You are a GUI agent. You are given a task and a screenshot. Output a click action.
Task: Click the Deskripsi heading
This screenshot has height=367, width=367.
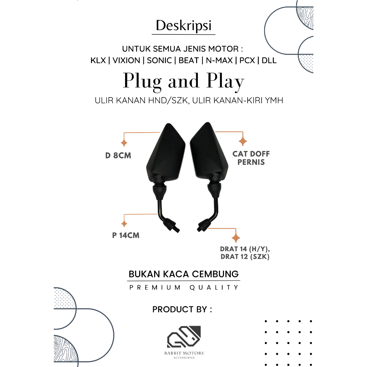click(183, 26)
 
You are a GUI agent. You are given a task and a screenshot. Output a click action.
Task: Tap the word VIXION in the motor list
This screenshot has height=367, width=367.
click(126, 60)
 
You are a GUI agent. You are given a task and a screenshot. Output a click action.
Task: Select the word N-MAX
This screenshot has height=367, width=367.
click(218, 60)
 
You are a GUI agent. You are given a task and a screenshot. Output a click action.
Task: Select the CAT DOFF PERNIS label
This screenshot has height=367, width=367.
click(251, 158)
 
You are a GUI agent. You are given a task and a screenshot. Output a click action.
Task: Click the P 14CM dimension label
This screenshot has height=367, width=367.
click(125, 235)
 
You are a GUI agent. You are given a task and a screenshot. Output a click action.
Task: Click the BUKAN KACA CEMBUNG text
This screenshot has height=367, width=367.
click(183, 275)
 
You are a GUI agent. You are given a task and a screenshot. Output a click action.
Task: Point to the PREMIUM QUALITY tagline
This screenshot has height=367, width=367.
click(183, 287)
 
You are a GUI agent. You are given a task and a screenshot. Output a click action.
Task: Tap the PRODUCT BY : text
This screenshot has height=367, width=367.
click(182, 309)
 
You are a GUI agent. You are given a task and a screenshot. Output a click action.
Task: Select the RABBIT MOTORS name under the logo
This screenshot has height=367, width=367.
click(185, 353)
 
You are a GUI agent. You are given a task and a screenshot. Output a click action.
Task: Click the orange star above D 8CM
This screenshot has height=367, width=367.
click(124, 143)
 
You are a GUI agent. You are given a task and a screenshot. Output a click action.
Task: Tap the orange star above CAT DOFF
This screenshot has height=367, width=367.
click(243, 141)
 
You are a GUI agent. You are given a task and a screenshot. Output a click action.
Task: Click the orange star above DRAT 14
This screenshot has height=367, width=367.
click(236, 238)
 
